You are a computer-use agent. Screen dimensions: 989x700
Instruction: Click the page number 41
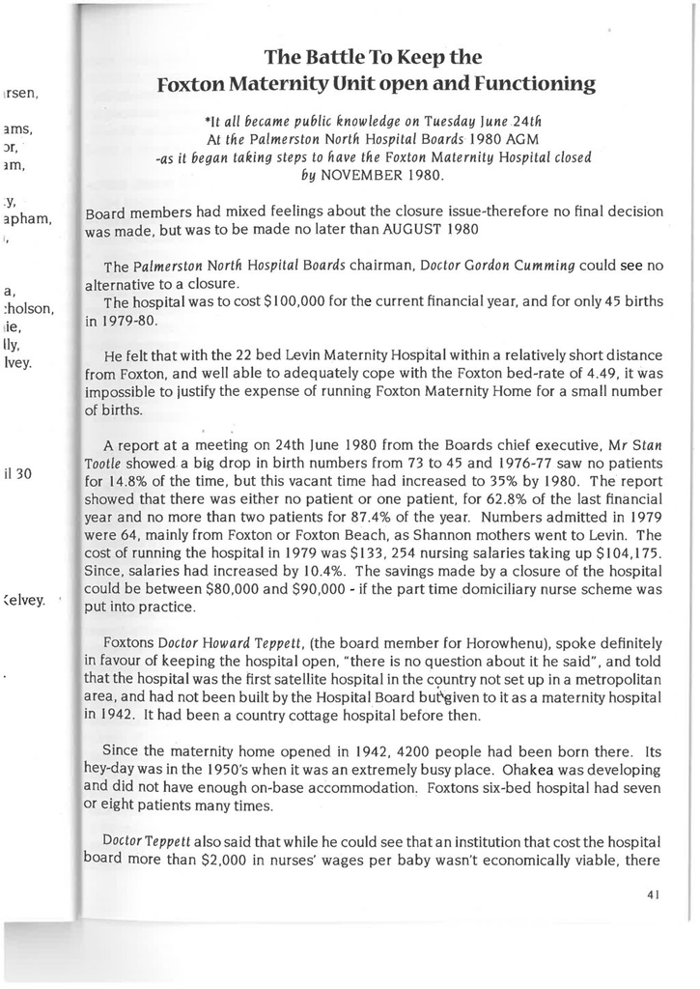pos(654,894)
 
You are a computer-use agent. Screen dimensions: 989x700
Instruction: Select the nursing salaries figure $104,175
pos(625,553)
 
